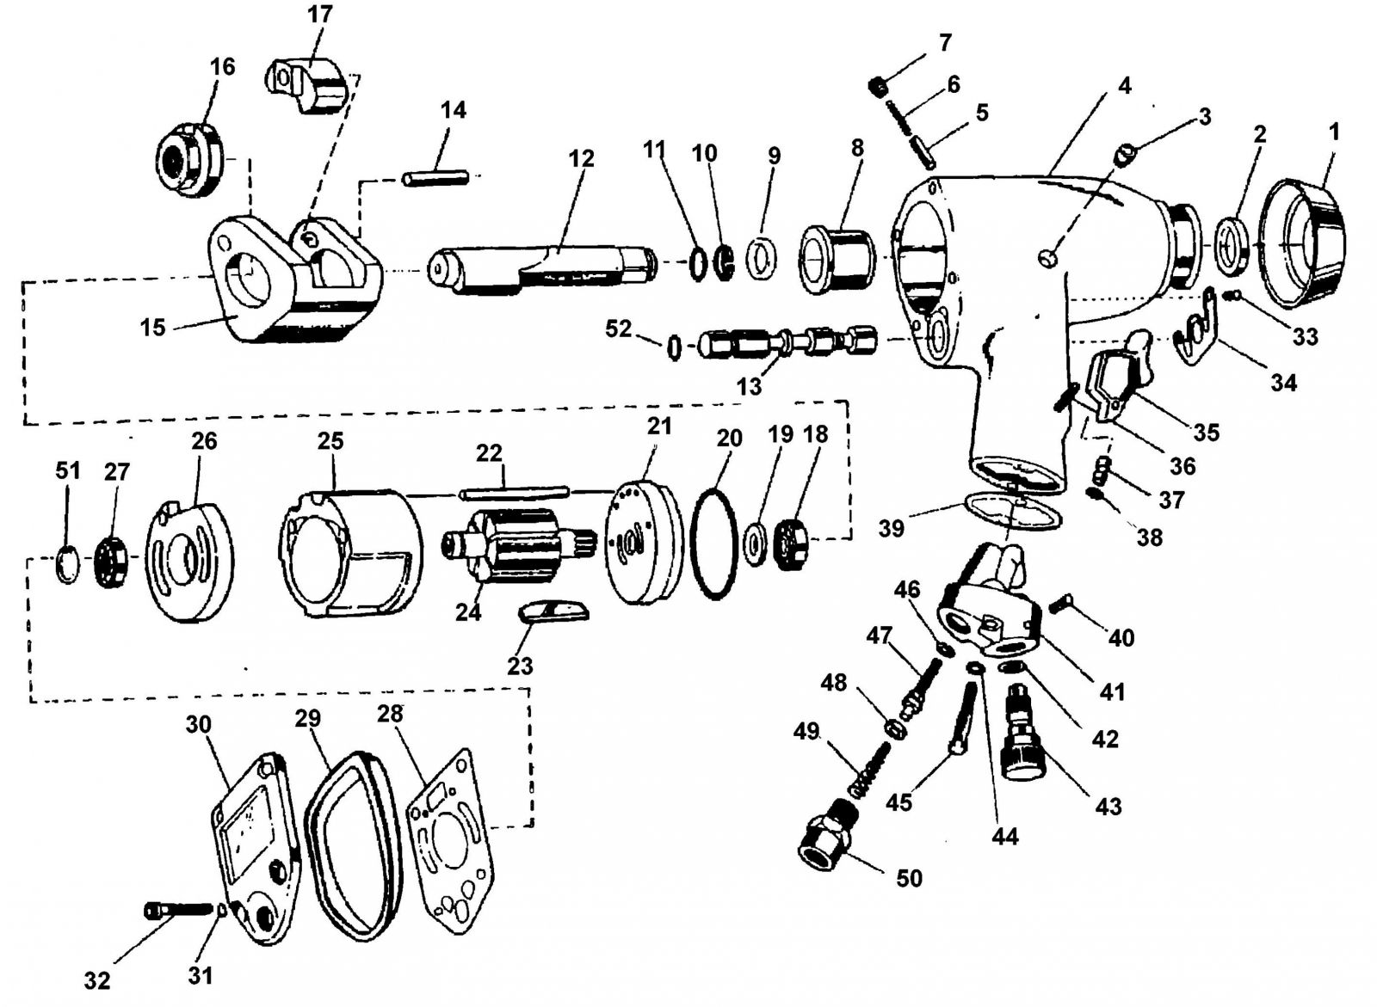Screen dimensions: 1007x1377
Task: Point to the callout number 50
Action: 909,878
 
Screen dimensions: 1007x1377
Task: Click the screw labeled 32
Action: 176,909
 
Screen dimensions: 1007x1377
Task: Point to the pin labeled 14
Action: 435,178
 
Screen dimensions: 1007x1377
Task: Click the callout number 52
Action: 618,329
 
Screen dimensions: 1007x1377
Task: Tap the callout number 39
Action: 891,528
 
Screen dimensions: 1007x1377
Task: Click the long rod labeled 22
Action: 514,493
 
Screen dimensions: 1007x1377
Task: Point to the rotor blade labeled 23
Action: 554,611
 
